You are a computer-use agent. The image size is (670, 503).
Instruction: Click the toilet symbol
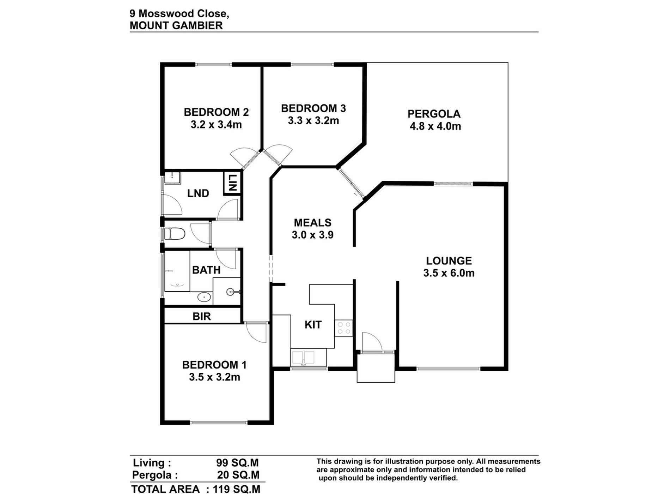(175, 234)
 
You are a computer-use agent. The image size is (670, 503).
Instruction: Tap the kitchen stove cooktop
(343, 328)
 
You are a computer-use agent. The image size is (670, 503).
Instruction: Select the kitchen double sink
(303, 358)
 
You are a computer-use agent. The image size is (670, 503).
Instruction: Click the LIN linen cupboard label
(232, 182)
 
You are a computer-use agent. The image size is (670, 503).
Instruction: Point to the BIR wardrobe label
(202, 316)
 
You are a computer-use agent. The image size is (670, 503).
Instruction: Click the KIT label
(313, 325)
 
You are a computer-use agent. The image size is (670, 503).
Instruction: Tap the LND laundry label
(198, 193)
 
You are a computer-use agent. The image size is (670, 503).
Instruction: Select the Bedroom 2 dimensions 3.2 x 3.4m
(216, 125)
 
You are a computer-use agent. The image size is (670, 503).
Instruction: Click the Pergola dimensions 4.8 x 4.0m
(435, 126)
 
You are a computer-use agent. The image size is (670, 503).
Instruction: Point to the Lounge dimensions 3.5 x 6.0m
(449, 273)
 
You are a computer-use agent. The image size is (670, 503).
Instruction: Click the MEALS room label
(313, 223)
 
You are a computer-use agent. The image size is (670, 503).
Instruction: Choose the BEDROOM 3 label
(313, 108)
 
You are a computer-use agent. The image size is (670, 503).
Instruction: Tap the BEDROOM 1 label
(214, 365)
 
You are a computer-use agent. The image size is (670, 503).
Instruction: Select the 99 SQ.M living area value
(238, 462)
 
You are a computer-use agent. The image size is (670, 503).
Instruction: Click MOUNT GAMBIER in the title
(176, 25)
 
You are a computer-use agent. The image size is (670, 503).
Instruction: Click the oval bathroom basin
(204, 297)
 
